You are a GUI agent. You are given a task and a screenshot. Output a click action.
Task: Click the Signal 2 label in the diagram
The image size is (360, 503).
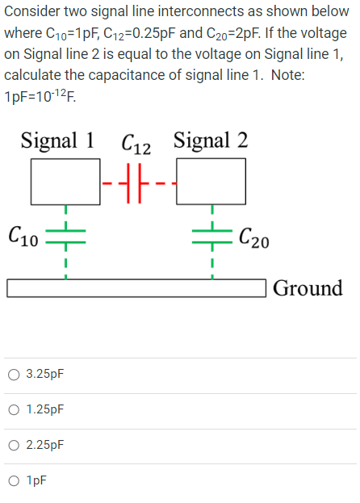coord(210,140)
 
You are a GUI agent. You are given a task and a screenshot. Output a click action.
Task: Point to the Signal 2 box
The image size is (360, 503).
coord(211,182)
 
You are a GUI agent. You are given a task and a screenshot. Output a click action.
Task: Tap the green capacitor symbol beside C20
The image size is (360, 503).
coord(211,236)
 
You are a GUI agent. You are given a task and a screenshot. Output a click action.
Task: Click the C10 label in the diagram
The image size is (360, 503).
coord(23,237)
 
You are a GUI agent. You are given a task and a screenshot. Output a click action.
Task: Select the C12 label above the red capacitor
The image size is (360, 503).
coord(135,145)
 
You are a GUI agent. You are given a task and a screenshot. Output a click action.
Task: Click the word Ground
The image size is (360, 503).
coord(308,288)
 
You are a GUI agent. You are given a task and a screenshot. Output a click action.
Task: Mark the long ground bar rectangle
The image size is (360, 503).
coord(137,288)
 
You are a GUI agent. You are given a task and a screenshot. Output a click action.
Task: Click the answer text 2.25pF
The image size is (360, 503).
coord(44,445)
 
